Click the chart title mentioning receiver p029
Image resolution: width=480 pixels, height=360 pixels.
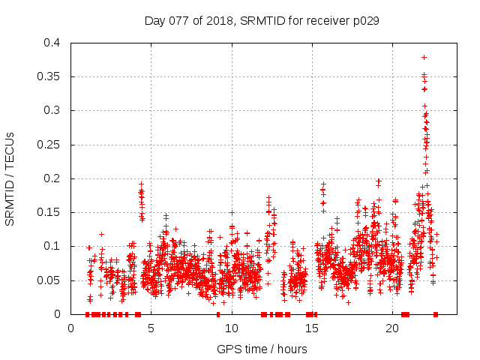coord(262,20)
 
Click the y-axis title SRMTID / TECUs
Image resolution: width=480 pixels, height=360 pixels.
coord(10,178)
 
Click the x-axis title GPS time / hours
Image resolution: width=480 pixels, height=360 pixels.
coord(262,349)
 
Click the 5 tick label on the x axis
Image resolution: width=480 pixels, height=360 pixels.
coord(151,328)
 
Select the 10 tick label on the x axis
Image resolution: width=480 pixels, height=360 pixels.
coord(232,328)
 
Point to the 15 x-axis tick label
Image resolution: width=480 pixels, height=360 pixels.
coord(312,328)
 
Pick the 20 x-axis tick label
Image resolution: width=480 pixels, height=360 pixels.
coord(392,328)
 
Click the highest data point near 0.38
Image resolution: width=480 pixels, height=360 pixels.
coord(424,57)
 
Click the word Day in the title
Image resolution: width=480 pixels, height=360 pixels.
coord(154,20)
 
